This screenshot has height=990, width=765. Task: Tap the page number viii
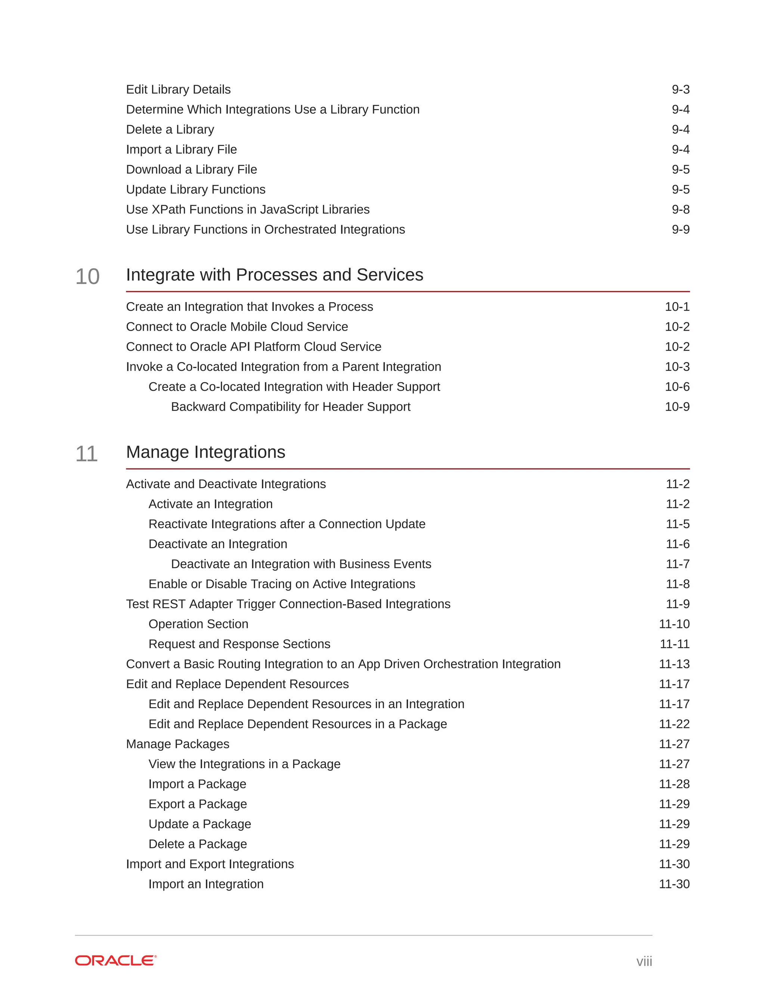644,961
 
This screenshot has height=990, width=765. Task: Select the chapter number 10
87,276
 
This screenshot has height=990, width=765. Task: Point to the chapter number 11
87,454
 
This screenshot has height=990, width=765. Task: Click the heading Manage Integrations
205,452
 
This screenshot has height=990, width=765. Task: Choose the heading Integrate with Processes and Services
274,275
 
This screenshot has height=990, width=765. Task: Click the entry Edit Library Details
178,89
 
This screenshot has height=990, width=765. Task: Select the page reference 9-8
680,210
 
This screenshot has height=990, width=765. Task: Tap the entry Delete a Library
170,129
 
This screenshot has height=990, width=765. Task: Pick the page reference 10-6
676,387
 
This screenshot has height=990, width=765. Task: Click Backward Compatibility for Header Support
291,406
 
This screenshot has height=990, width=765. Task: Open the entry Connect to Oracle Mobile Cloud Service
236,327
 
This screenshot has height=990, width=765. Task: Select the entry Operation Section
198,624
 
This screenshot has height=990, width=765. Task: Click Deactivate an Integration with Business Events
301,564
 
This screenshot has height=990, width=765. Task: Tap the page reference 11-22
674,724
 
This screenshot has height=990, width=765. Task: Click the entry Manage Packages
178,744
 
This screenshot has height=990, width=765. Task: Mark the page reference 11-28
674,784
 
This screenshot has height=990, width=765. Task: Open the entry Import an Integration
206,884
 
